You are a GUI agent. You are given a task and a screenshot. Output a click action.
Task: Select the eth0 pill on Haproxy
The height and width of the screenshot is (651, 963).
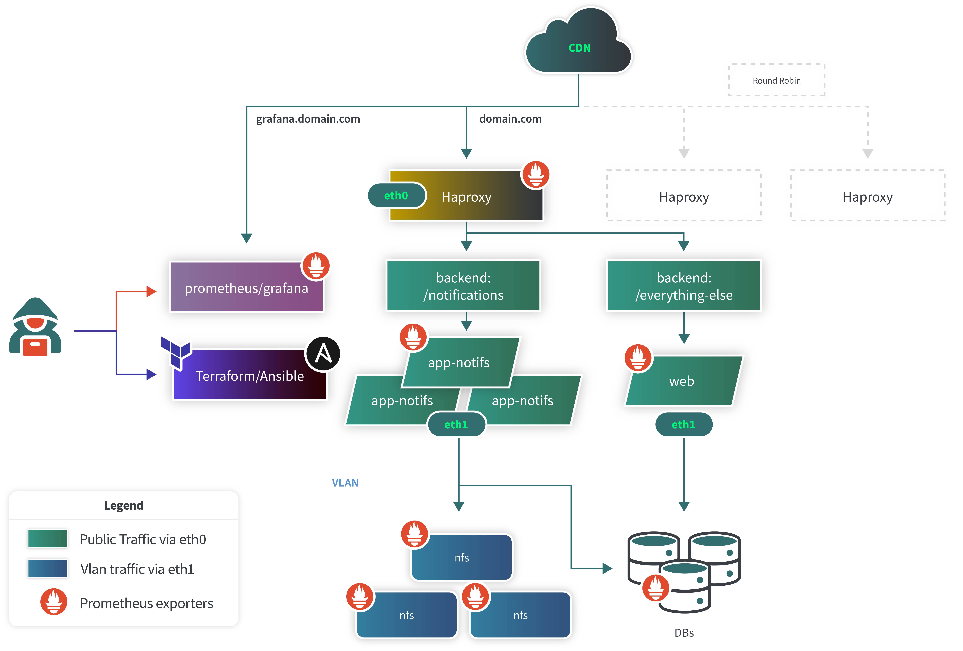[x=396, y=196]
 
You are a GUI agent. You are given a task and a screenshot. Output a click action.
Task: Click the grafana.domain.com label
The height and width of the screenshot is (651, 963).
[x=308, y=119]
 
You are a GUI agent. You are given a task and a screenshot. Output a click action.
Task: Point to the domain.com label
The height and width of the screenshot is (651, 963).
[x=510, y=119]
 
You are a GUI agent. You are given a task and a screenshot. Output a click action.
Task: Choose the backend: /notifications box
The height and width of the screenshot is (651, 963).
[x=463, y=286]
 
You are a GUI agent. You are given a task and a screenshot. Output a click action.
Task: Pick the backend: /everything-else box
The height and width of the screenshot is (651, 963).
[x=684, y=286]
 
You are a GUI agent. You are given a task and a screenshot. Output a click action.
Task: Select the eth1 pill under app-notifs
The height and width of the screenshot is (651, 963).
[x=456, y=424]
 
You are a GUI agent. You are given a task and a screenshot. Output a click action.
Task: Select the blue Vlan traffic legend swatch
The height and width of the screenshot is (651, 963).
[x=48, y=569]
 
